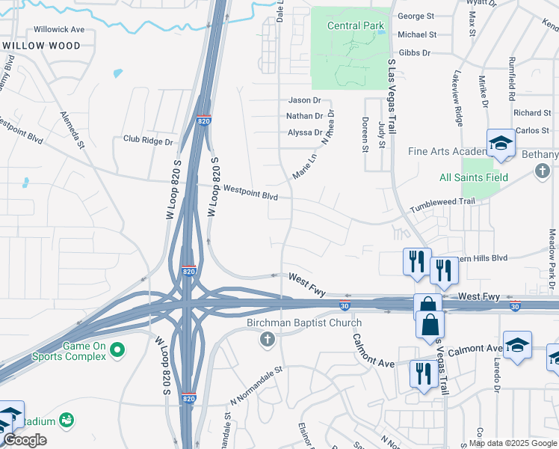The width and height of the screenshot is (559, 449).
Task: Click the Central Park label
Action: pos(356,26)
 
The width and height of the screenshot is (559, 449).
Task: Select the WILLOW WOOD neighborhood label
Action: pos(42,46)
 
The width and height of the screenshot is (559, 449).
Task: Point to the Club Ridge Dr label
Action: pos(148,141)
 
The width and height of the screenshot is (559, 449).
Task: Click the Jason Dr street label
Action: pos(304,100)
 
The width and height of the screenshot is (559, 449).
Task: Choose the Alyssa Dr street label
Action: pos(305,132)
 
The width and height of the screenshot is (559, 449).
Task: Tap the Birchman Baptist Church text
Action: pos(304,323)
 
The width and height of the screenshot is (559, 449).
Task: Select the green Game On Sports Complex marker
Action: pos(117,349)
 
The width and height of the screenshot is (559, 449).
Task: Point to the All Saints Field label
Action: pos(474,177)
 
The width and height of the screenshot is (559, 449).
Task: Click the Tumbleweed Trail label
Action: pos(442,202)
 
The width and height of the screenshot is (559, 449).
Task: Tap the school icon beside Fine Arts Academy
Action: pos(501,144)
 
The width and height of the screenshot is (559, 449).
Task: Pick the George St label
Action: pos(416,16)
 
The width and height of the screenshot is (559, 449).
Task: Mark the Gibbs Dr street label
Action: pos(415,52)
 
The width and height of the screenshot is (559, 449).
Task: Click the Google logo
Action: pos(25,440)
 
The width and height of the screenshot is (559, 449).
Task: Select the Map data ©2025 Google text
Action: pos(513,443)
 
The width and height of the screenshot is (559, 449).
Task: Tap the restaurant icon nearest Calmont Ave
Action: pos(424,372)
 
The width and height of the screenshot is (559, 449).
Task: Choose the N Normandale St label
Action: pos(259,381)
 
